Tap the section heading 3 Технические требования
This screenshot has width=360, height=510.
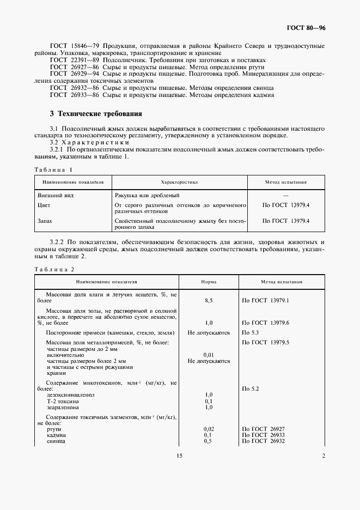coord(96,114)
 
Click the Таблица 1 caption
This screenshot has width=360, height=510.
coord(53,169)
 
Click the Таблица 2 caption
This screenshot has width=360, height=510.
coord(53,270)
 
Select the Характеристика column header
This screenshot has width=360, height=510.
coord(179,183)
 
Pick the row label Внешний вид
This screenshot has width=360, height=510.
coord(55,195)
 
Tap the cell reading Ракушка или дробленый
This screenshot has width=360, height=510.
coord(147,195)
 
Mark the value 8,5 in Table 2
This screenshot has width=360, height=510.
coord(208,301)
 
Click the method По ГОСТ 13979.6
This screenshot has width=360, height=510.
coord(265,323)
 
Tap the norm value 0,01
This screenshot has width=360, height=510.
coord(208,354)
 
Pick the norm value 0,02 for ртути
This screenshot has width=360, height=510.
coord(208,429)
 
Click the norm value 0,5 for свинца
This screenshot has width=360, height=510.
coord(208,441)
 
